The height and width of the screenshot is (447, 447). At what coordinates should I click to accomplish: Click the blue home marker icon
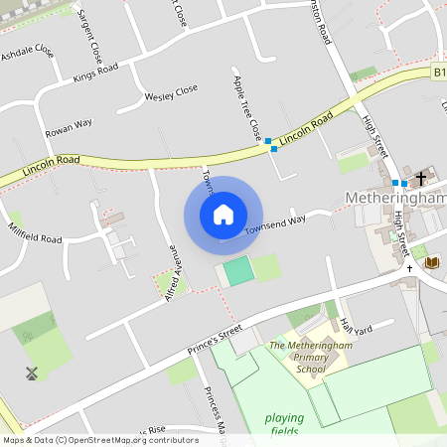[223, 215]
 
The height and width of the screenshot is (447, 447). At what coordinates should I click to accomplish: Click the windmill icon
[31, 373]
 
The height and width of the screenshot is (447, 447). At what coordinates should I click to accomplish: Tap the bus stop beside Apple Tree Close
[270, 146]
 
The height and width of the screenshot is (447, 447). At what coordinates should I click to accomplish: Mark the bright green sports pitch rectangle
[237, 270]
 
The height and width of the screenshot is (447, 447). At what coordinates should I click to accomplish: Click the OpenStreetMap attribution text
[99, 440]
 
